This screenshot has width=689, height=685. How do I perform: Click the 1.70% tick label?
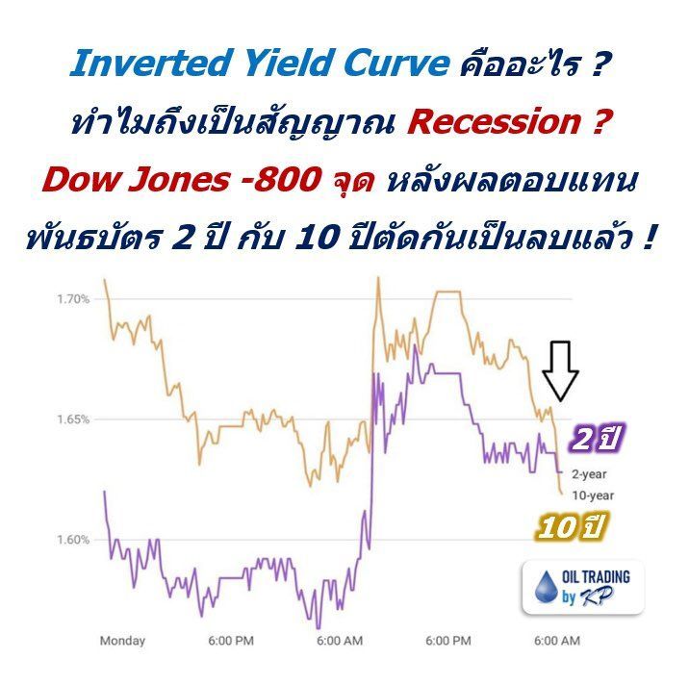(73, 299)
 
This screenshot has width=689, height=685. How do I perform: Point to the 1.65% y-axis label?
(73, 419)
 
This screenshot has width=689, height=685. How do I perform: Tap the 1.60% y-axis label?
(73, 540)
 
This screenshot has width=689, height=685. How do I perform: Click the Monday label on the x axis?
(122, 641)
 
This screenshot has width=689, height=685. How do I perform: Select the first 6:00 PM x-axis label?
(231, 641)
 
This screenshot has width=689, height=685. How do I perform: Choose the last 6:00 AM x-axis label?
(557, 641)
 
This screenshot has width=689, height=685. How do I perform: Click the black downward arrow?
(560, 370)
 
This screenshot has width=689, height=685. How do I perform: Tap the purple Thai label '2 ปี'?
(597, 439)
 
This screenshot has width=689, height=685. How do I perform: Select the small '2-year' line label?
(590, 474)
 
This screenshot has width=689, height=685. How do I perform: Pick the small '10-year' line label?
(593, 495)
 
